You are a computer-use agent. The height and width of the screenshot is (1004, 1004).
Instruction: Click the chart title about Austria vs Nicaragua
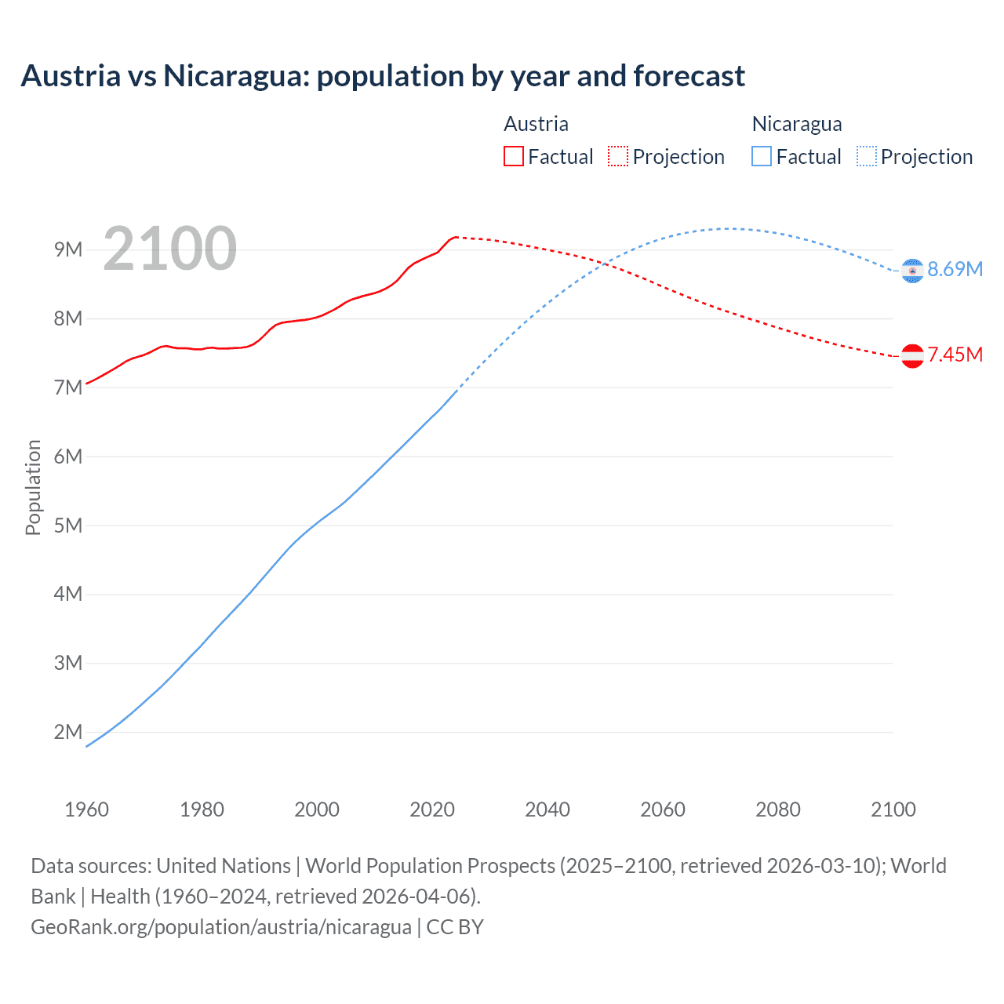point(383,76)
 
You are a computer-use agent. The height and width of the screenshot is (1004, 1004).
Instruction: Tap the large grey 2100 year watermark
point(169,249)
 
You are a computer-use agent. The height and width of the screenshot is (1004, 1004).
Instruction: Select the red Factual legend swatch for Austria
point(513,157)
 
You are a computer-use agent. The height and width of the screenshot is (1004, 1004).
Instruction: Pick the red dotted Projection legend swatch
point(618,157)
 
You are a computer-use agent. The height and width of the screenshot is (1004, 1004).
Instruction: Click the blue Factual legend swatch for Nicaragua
point(761,157)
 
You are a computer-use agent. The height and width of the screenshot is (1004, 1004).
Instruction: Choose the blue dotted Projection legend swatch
point(866,157)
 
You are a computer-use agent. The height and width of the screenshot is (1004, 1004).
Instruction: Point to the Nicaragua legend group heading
point(796,124)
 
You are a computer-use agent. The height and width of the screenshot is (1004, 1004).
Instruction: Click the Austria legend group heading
point(536,124)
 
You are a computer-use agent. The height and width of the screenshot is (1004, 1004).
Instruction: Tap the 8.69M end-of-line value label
point(955,269)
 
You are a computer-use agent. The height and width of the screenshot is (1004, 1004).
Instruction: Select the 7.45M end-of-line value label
point(955,355)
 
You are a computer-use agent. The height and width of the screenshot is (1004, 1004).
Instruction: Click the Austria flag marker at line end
point(912,356)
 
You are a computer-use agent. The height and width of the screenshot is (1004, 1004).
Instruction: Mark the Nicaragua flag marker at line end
point(912,271)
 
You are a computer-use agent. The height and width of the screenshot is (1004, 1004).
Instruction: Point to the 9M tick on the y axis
point(68,249)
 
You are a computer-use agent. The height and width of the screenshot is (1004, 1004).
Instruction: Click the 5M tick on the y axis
point(68,525)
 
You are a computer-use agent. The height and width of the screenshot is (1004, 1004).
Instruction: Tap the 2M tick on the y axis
point(68,732)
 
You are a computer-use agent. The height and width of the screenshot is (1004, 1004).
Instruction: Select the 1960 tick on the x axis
point(86,809)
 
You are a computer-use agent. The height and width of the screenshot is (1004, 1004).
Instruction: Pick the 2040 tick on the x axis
point(547,809)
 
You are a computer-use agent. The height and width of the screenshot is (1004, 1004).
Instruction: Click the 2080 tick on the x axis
point(778,809)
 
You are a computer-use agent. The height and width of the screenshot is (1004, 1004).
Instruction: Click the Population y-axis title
point(33,487)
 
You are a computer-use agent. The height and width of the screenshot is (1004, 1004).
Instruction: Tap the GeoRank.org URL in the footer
point(221,927)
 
